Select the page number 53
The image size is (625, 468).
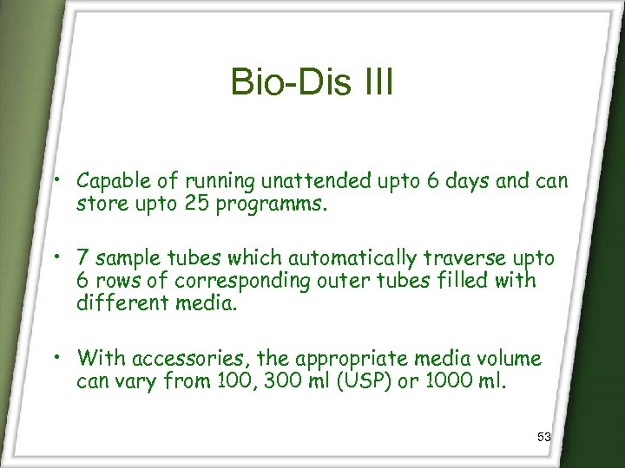click(544, 438)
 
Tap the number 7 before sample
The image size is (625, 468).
click(82, 259)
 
